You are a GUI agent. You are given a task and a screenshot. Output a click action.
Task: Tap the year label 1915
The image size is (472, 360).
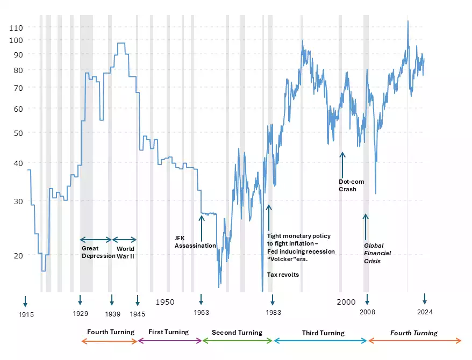click(x=25, y=315)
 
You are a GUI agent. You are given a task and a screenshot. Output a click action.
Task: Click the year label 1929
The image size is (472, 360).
click(x=80, y=314)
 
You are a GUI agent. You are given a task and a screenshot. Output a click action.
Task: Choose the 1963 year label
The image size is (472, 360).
click(x=201, y=313)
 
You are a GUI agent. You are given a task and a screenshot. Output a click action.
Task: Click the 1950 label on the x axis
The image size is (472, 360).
click(x=165, y=302)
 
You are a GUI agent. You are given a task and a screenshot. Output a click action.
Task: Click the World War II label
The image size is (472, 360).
click(x=126, y=253)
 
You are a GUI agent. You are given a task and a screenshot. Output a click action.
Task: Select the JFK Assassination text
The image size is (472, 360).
click(x=195, y=242)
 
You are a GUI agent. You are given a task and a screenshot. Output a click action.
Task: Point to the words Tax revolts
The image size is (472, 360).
click(x=283, y=275)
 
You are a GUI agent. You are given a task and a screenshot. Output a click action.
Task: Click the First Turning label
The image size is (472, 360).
click(x=168, y=332)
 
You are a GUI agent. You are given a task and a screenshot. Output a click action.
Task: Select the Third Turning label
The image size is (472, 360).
click(x=323, y=333)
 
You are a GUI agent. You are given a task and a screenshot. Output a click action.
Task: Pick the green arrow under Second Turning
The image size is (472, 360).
click(x=237, y=341)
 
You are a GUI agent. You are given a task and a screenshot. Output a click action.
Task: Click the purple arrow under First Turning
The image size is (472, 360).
click(x=169, y=341)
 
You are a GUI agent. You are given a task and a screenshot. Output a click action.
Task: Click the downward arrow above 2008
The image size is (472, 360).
click(x=367, y=299)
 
